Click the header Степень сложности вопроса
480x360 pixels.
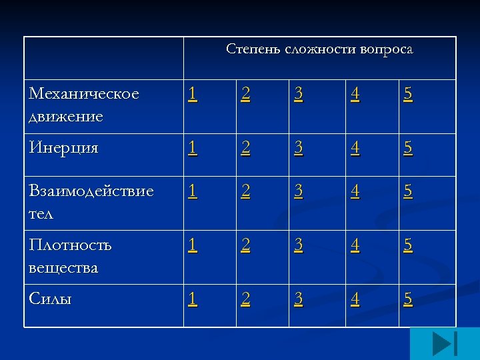tap(319, 49)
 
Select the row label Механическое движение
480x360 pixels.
tap(84, 105)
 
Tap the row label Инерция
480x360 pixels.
tap(63, 149)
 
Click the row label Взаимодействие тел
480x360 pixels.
tap(91, 202)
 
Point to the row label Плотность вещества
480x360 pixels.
tap(70, 256)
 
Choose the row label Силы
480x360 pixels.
tap(50, 299)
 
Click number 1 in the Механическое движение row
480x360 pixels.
tap(192, 95)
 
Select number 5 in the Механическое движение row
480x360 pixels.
tap(407, 95)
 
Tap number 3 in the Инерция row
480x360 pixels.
tap(299, 149)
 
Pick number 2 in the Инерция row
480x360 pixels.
tap(246, 149)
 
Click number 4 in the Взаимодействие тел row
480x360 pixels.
tap(355, 192)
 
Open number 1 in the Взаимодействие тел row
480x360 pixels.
tap(192, 192)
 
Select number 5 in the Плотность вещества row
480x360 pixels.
tap(407, 246)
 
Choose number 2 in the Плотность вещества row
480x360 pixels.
tap(246, 246)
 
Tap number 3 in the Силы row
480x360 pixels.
tap(299, 299)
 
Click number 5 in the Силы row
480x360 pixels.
tap(407, 299)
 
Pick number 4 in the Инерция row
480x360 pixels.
tap(355, 149)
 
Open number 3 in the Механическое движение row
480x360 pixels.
tap(299, 95)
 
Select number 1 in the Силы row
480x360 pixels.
tap(192, 299)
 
